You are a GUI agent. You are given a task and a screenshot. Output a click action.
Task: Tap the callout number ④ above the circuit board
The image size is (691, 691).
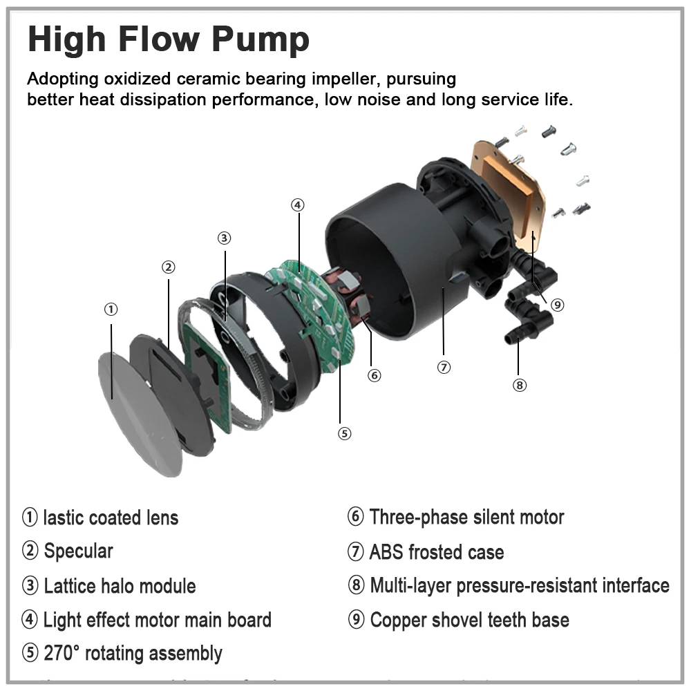(x=296, y=205)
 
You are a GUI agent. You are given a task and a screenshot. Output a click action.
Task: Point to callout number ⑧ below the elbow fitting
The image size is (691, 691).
(x=520, y=385)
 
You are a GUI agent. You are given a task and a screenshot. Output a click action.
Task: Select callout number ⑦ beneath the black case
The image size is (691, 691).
(x=444, y=367)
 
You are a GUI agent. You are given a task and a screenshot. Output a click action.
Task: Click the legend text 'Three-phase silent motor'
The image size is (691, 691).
(x=466, y=517)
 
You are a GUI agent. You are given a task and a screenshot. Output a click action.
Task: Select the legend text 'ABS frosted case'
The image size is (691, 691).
(x=436, y=552)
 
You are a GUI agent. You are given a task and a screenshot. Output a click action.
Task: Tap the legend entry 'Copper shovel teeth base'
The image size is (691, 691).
(x=469, y=620)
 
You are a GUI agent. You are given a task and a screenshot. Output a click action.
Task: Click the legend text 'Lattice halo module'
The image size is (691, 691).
(x=120, y=587)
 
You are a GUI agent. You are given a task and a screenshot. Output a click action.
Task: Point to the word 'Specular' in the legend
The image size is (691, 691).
(x=78, y=551)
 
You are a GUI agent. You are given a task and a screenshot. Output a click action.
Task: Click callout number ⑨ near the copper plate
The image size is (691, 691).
(x=558, y=304)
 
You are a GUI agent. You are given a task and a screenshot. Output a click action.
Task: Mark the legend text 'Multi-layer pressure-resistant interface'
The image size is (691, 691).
(x=520, y=586)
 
